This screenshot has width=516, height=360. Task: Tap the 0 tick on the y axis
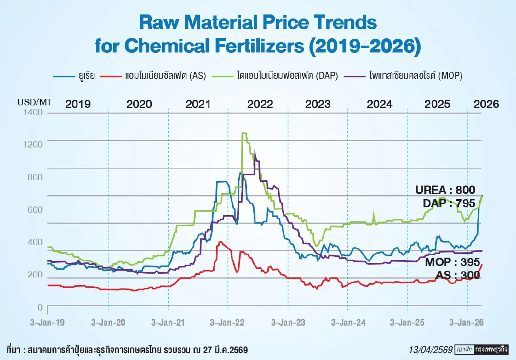click(x=40, y=307)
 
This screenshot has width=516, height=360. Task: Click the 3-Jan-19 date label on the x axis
click(x=47, y=323)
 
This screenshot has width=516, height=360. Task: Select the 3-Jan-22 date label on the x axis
click(x=227, y=323)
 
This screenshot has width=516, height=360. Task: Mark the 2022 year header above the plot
click(x=260, y=105)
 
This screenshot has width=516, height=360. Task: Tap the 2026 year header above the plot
click(x=486, y=105)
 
